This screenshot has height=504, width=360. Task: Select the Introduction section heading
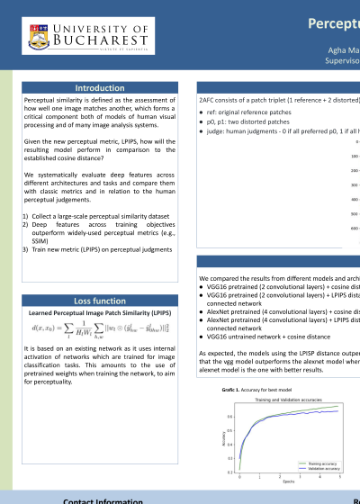101,87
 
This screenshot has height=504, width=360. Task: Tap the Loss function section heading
101,299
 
